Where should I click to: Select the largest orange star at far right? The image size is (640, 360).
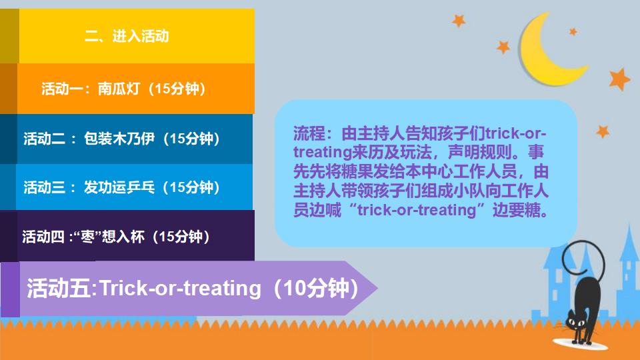click(x=619, y=79)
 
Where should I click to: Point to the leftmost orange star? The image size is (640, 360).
click(x=459, y=21)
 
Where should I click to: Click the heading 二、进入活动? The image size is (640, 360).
click(x=127, y=36)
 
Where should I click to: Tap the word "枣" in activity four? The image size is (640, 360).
click(x=87, y=237)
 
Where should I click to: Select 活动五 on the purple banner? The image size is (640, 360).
click(x=62, y=288)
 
